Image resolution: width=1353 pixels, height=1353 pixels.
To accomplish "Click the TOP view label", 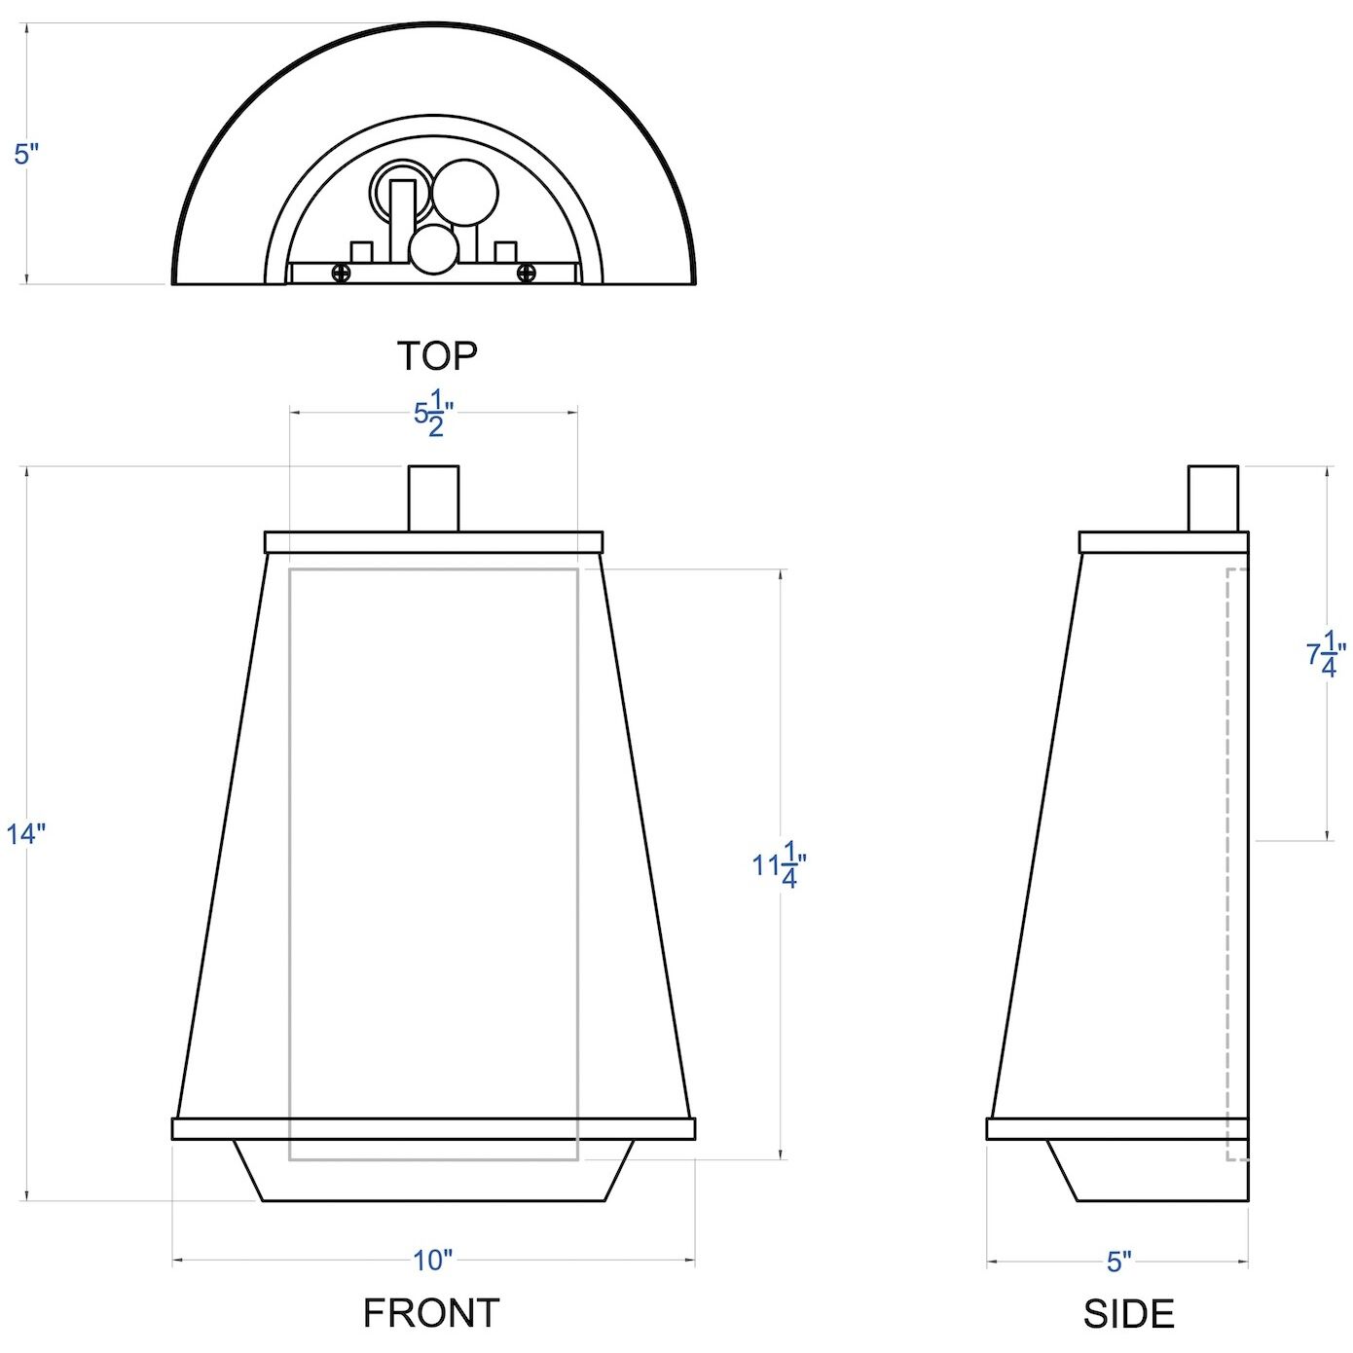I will (437, 356).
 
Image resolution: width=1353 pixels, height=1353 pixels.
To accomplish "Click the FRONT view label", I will (431, 1313).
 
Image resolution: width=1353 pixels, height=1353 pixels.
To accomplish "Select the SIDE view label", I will (1128, 1314).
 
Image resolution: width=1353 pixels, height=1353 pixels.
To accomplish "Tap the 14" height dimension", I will (26, 834).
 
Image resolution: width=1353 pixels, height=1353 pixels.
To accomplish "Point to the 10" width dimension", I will (433, 1261).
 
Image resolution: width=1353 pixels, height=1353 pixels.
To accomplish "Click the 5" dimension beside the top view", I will (26, 154).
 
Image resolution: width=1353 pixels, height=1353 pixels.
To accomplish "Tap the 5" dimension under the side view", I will (1118, 1262).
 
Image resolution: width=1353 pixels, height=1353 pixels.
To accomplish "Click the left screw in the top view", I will (341, 274).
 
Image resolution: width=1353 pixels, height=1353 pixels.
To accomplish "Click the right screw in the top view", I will (526, 274).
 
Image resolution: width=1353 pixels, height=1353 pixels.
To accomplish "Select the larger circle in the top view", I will (465, 193).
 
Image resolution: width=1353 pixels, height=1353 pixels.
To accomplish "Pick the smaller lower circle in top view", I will (433, 250).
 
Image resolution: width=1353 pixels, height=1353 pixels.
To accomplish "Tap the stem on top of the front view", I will (433, 498).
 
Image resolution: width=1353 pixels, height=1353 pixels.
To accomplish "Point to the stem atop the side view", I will (1213, 498).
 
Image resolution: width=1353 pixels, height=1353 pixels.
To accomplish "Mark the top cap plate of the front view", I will (433, 542).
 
